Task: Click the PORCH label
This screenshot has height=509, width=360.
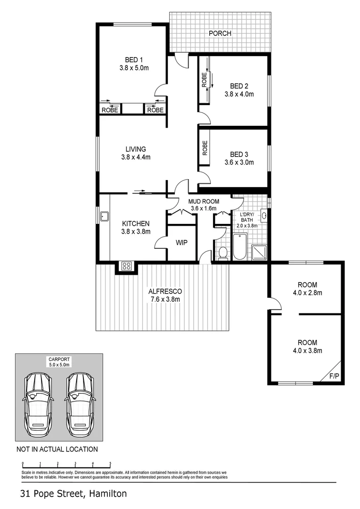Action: (x=220, y=33)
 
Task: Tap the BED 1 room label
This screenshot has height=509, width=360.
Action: (x=134, y=60)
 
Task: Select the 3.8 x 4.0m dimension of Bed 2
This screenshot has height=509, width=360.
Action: (x=239, y=94)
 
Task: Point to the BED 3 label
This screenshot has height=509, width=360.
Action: (x=239, y=155)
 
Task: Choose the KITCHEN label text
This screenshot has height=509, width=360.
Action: (x=136, y=223)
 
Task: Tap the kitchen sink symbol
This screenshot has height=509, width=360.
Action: (x=104, y=217)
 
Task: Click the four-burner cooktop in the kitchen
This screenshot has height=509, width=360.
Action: (x=126, y=266)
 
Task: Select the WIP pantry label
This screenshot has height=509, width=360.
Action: (x=181, y=243)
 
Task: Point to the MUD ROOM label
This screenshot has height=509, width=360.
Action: (x=204, y=201)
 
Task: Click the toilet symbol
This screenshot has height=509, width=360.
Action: (x=222, y=253)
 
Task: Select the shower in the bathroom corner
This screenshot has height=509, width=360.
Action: (x=260, y=252)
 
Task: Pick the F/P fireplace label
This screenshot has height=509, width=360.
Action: (x=334, y=377)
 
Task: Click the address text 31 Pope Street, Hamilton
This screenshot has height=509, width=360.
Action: (x=73, y=494)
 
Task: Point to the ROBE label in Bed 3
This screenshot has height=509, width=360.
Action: (x=205, y=148)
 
